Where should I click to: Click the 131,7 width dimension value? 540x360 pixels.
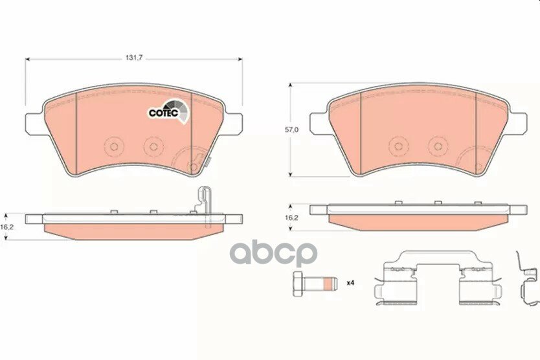pyautogui.click(x=134, y=58)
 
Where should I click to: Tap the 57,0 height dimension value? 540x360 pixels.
pyautogui.click(x=291, y=129)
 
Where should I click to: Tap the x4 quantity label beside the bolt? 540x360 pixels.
pyautogui.click(x=350, y=283)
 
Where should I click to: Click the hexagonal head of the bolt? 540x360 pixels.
pyautogui.click(x=298, y=284)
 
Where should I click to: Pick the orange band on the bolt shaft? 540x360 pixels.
pyautogui.click(x=329, y=284)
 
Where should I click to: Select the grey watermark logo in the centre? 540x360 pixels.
pyautogui.click(x=273, y=254)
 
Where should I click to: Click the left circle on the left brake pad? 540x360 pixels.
pyautogui.click(x=114, y=147)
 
